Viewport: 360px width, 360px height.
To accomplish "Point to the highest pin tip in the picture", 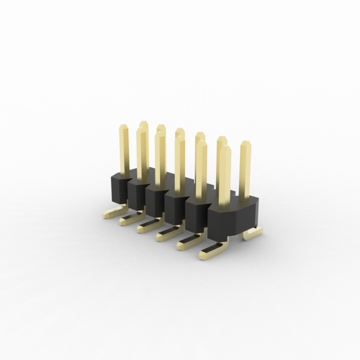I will [143, 123].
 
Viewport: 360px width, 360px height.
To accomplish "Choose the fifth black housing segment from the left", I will [196, 219].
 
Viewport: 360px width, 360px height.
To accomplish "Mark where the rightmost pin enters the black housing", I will [244, 198].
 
